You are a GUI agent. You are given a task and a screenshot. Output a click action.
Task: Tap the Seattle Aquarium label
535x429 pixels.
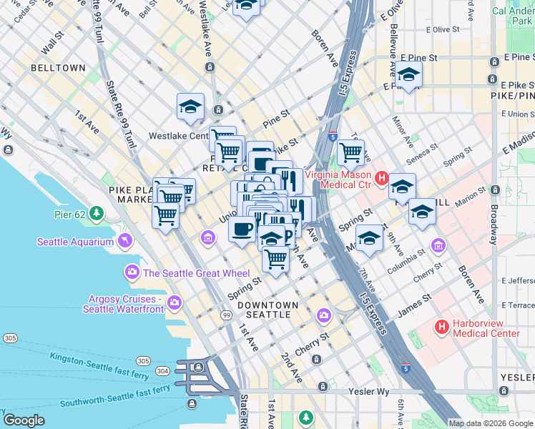click(75, 242)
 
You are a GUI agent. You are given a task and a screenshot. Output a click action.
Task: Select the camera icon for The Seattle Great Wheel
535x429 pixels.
click(132, 272)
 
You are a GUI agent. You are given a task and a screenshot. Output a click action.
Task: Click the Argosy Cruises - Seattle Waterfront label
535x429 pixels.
click(122, 304)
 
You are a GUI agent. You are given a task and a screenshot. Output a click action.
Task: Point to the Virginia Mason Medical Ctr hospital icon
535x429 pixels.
click(382, 178)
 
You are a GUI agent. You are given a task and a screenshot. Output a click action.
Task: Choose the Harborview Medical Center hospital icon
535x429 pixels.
click(441, 327)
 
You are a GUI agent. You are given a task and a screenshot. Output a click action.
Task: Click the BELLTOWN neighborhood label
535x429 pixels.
click(57, 68)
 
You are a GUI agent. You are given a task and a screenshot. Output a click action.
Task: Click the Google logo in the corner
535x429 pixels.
click(24, 420)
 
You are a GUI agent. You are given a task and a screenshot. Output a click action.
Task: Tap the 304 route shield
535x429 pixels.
click(162, 370)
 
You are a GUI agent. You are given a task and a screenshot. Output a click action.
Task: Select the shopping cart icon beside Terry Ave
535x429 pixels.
click(350, 151)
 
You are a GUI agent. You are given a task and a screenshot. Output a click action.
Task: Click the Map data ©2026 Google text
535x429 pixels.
click(491, 423)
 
